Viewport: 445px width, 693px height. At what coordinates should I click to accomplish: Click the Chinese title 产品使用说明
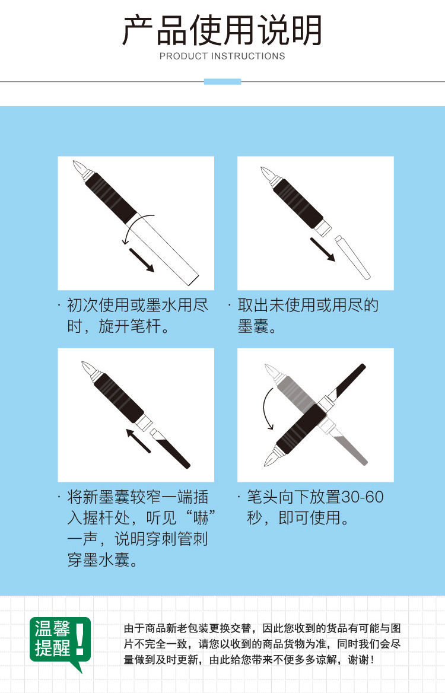[x=222, y=30]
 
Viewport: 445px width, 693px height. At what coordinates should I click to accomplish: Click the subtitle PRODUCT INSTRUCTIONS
[x=223, y=56]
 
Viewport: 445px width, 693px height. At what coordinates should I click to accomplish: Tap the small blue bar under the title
[x=223, y=81]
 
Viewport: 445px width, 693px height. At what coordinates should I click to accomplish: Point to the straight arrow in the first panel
[x=141, y=260]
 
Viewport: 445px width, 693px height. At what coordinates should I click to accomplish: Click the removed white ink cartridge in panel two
[x=352, y=258]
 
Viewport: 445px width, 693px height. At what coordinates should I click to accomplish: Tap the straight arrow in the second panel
[x=323, y=250]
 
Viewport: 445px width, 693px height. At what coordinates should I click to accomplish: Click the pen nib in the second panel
[x=266, y=174]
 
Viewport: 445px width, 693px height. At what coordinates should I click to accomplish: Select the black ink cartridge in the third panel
[x=170, y=448]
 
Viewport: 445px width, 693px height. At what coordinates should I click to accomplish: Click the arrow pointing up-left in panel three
[x=138, y=440]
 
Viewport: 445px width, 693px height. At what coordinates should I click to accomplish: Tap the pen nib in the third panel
[x=87, y=369]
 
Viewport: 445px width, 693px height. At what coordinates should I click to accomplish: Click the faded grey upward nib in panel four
[x=271, y=371]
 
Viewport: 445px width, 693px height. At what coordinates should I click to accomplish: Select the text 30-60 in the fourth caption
[x=363, y=497]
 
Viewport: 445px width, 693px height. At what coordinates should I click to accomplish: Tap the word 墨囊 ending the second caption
[x=253, y=326]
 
